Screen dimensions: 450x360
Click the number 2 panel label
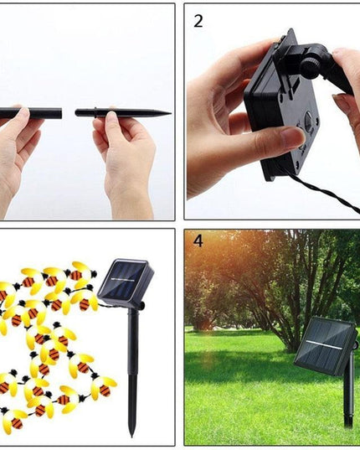pyautogui.click(x=198, y=21)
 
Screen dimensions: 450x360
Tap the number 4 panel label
pyautogui.click(x=198, y=241)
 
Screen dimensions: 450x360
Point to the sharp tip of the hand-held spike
pyautogui.click(x=168, y=112)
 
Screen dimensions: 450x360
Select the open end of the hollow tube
pyautogui.click(x=60, y=112)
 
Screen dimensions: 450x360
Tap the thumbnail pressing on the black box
pyautogui.click(x=292, y=137)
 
